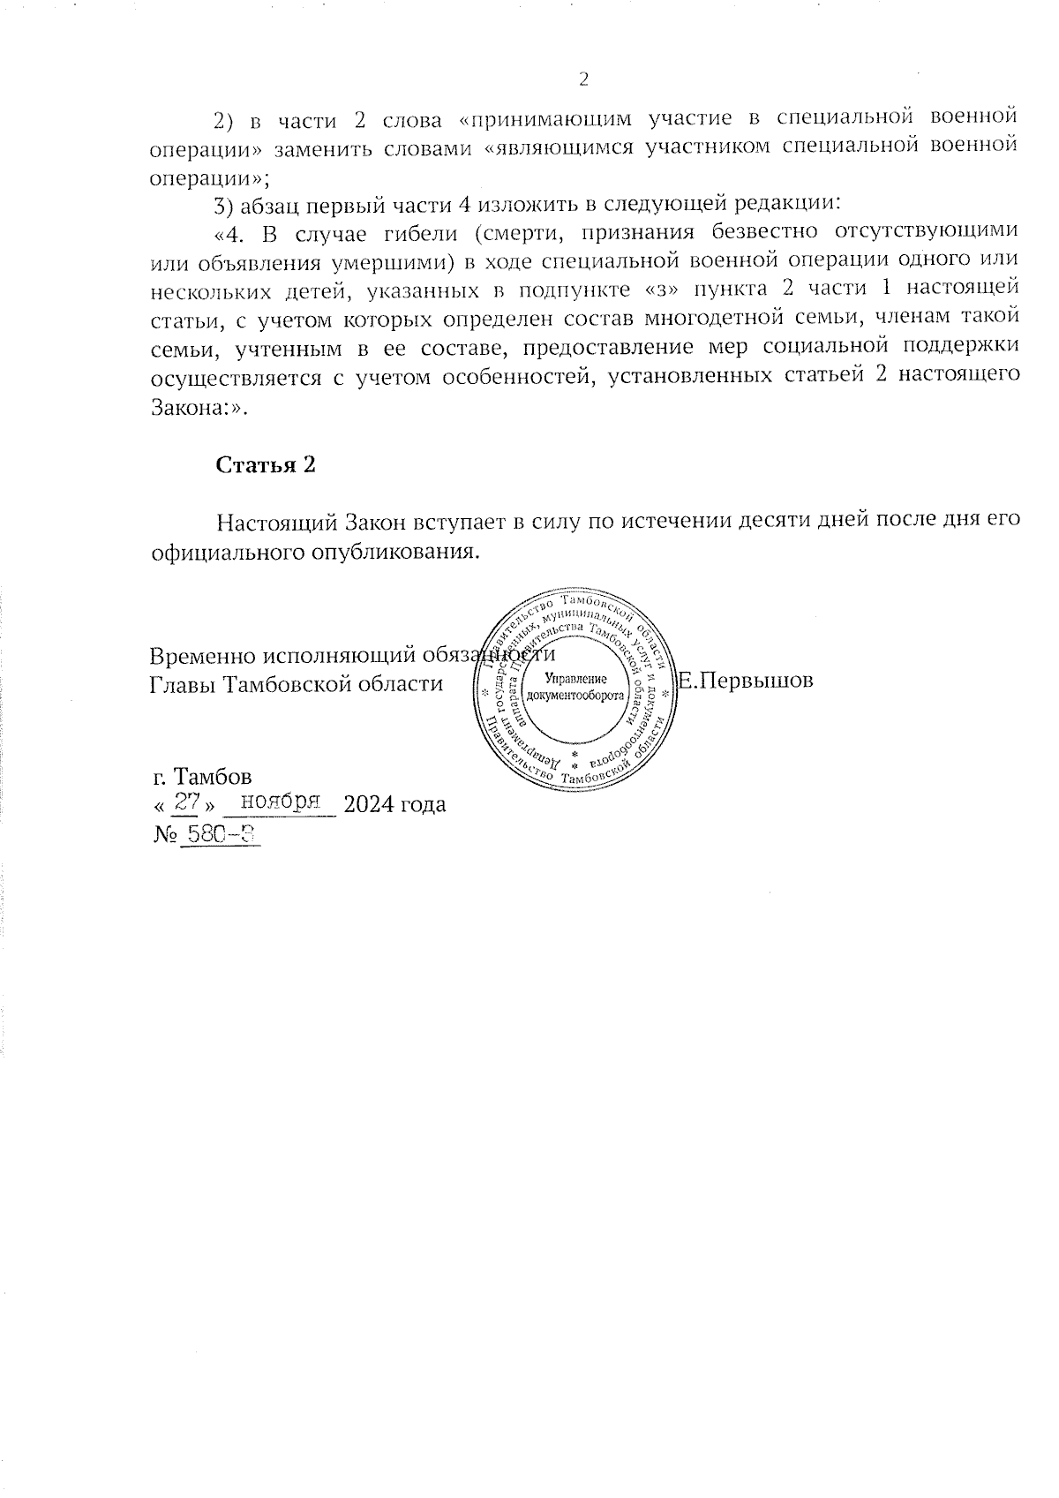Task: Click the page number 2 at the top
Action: [x=582, y=79]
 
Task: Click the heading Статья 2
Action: [x=266, y=465]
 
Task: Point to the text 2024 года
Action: [x=394, y=804]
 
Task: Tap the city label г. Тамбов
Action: [x=202, y=777]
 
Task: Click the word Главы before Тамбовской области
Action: [x=183, y=684]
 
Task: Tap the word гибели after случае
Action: [x=399, y=232]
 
